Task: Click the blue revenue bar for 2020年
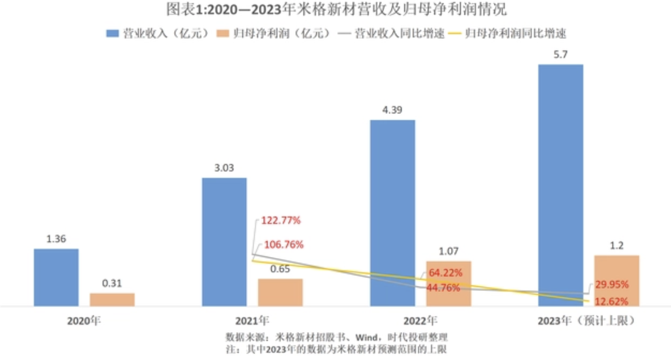pos(56,277)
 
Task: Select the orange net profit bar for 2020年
pos(112,300)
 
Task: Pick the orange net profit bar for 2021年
pos(280,292)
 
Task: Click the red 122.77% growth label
pos(281,220)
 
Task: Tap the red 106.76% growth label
pos(284,244)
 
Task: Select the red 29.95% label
pos(612,284)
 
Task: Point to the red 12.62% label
pos(612,301)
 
